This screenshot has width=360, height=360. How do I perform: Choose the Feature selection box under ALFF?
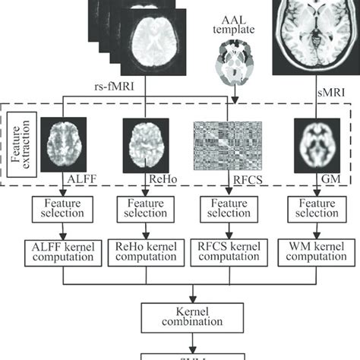pyautogui.click(x=60, y=210)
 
